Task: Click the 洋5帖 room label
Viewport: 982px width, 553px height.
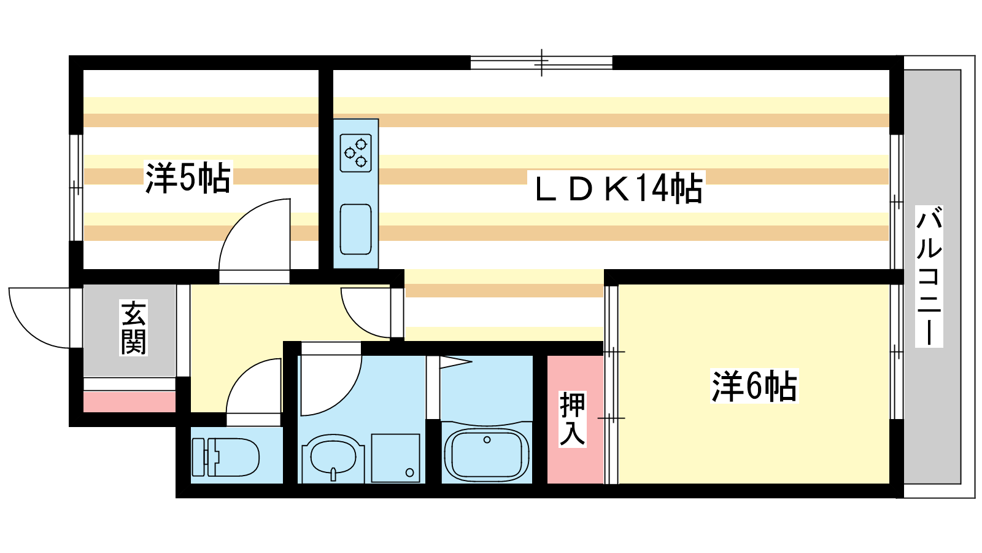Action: click(x=188, y=178)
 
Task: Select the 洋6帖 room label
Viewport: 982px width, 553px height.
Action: click(x=754, y=386)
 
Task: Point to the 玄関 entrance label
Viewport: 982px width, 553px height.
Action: click(x=133, y=327)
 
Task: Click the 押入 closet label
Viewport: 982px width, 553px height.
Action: click(x=572, y=418)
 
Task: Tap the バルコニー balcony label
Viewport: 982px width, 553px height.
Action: click(x=929, y=276)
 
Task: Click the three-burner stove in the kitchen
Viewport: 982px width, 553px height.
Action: click(x=355, y=153)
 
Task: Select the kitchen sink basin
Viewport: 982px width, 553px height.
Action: click(x=355, y=229)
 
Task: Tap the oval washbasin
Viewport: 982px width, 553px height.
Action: click(x=333, y=457)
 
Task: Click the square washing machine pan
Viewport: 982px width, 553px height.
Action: click(x=395, y=458)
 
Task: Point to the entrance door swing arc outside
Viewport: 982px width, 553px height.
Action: click(x=39, y=318)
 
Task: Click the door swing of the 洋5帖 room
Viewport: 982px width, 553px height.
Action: click(x=255, y=235)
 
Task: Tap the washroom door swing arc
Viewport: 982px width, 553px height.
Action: click(x=331, y=385)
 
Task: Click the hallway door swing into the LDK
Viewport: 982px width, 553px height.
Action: click(x=366, y=313)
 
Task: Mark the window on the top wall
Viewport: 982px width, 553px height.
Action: click(x=541, y=63)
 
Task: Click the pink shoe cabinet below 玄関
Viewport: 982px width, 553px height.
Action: click(x=130, y=402)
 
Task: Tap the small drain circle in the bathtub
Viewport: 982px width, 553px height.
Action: click(x=487, y=440)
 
